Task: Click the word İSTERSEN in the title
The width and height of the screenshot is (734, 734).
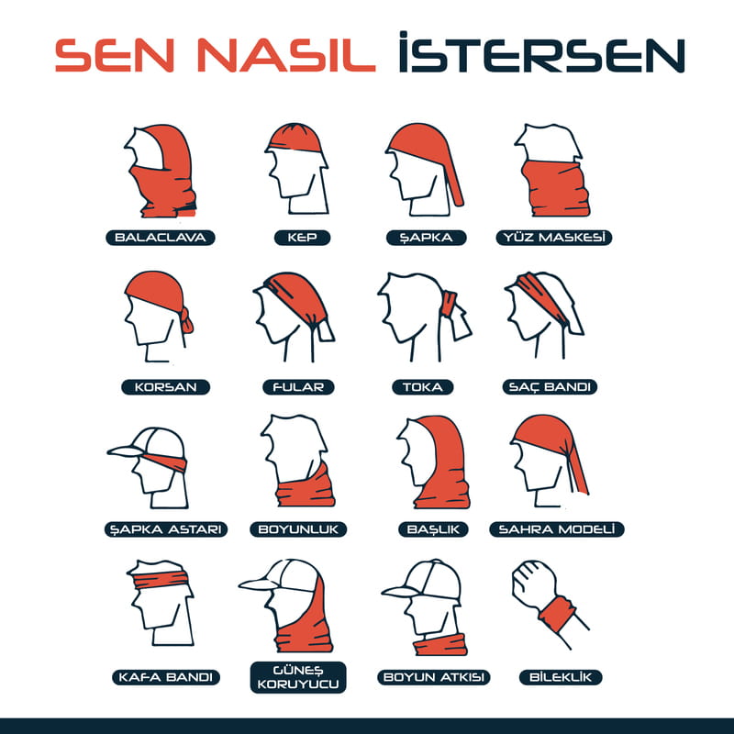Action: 541,57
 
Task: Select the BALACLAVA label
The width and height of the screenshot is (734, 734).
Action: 161,238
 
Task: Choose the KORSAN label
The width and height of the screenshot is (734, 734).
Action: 165,387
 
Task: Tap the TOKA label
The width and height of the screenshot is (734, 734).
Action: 422,387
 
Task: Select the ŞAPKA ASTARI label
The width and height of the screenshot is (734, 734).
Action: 165,529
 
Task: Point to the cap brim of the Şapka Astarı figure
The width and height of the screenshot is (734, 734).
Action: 126,450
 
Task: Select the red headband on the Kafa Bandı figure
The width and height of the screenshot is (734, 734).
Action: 161,579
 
